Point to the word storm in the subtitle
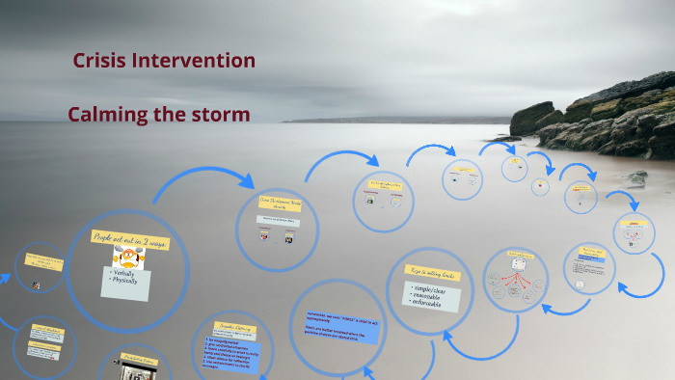pos(224,115)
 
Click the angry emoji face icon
pos(124,257)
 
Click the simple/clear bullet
pos(432,289)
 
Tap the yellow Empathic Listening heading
pos(236,328)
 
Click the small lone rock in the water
pos(635,177)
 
